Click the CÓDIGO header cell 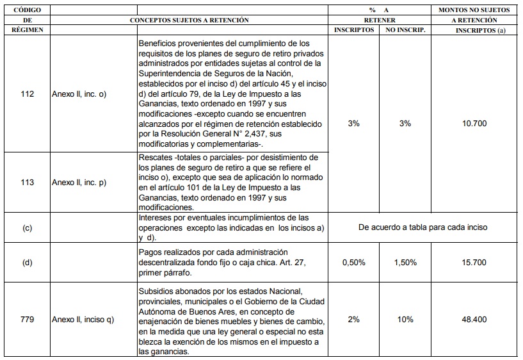[27, 10]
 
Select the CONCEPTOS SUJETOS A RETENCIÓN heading [189, 20]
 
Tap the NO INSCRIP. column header [405, 30]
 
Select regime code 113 [27, 182]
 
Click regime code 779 [27, 320]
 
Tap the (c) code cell [27, 228]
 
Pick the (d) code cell [27, 263]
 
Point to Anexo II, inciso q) [83, 320]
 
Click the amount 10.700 [474, 124]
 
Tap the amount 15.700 [474, 263]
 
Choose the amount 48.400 [474, 320]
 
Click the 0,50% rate [353, 263]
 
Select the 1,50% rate [405, 263]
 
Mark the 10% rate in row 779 [405, 320]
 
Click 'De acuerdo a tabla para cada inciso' [422, 227]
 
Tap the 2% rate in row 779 [353, 320]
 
